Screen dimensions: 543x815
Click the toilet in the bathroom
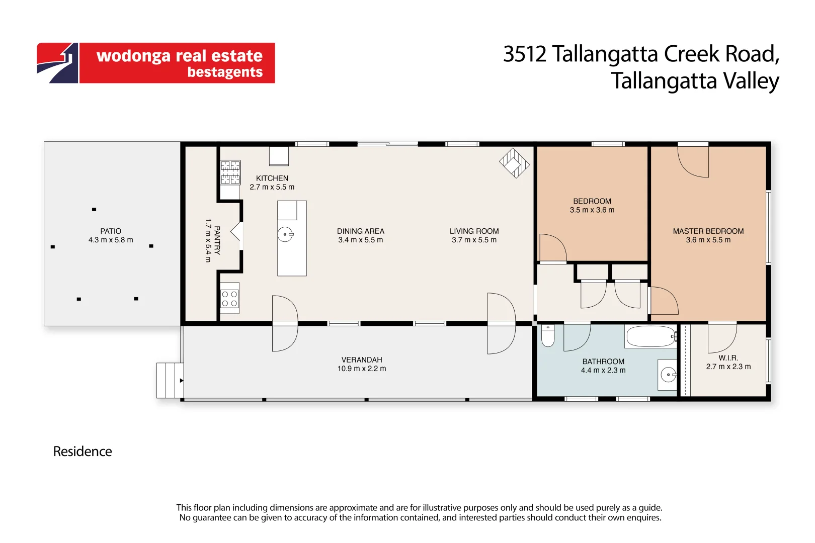click(x=547, y=336)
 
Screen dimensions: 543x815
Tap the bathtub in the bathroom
click(x=650, y=336)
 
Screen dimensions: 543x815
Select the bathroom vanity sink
click(x=668, y=375)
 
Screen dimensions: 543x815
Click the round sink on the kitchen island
click(x=285, y=234)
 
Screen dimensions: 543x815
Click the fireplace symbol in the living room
click(x=514, y=163)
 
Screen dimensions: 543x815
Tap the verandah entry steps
click(x=170, y=381)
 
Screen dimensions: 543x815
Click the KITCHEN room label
click(x=272, y=178)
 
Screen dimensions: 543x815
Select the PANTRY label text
click(x=217, y=240)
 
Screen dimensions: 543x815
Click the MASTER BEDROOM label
click(x=708, y=231)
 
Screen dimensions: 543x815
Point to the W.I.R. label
click(x=728, y=358)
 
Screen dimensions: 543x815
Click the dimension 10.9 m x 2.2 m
click(x=362, y=369)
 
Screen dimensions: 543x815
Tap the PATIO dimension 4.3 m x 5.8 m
click(x=111, y=240)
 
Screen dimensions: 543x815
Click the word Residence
click(x=83, y=451)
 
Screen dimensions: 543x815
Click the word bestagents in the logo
click(x=225, y=72)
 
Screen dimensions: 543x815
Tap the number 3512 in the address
click(x=524, y=54)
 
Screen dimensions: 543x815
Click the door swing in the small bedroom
click(x=552, y=248)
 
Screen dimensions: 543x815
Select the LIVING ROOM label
click(x=474, y=231)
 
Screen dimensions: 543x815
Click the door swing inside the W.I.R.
click(x=721, y=339)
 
